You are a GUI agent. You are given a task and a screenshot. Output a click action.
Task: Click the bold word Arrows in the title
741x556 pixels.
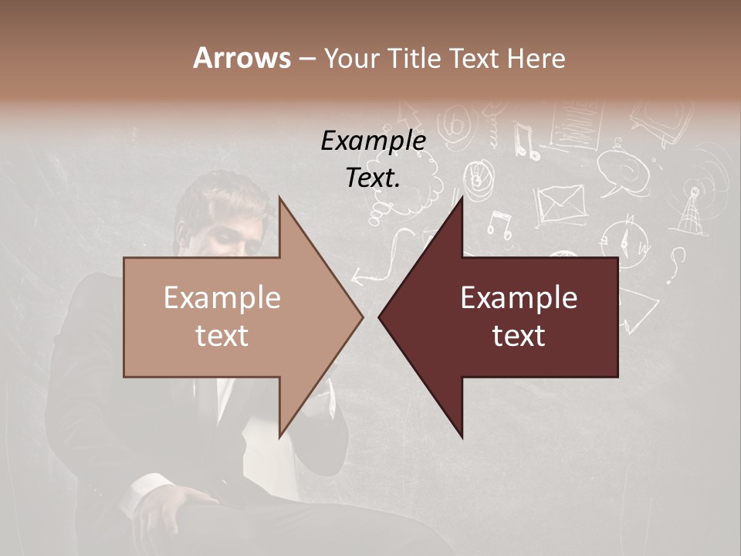[242, 58]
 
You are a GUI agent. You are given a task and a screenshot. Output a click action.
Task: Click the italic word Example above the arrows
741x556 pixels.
[374, 141]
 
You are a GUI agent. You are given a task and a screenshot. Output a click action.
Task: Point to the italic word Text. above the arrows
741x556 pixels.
[374, 178]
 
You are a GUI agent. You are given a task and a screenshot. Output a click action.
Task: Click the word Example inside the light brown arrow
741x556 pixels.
[222, 298]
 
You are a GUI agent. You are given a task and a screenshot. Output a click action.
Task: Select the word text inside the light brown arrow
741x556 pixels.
[222, 336]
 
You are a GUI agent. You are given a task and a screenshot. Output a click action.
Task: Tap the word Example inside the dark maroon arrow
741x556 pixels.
[519, 298]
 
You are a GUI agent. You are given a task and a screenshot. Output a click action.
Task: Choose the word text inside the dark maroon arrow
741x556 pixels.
[519, 336]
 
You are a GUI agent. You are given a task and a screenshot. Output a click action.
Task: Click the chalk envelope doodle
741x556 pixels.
[561, 205]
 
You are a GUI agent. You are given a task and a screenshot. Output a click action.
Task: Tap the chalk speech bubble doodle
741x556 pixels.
[621, 170]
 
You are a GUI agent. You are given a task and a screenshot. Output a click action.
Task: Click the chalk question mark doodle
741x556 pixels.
[676, 263]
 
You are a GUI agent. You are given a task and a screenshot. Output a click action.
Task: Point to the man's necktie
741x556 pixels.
[207, 402]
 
